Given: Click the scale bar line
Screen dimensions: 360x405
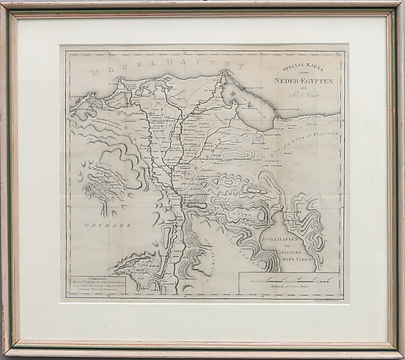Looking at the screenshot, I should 287,279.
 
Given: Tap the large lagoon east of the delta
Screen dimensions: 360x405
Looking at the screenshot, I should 255,103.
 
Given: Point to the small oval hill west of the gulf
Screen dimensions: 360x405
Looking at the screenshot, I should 259,228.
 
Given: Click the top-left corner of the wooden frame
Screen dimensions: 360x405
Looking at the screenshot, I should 4,4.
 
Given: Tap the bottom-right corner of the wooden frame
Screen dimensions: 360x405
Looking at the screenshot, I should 400,355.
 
